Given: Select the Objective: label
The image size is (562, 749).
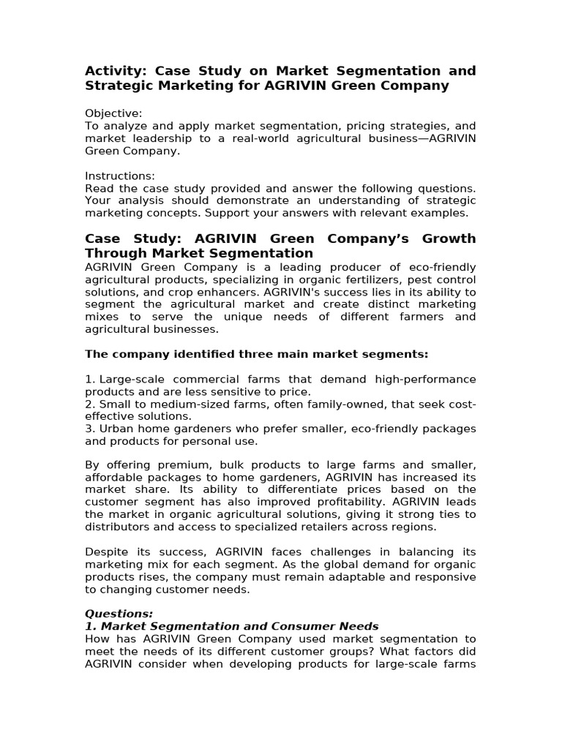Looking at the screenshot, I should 113,113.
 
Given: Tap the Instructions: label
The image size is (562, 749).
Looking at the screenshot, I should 120,176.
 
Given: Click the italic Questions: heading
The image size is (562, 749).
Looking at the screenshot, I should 119,614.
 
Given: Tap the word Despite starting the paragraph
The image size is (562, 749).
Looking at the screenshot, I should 106,552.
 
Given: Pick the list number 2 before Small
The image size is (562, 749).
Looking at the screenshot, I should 89,404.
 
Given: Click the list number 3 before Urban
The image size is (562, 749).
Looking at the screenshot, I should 89,429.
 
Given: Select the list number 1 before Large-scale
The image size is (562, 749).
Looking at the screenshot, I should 89,379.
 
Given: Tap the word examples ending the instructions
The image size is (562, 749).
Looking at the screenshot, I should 441,213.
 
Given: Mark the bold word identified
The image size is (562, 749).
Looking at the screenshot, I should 190,354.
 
